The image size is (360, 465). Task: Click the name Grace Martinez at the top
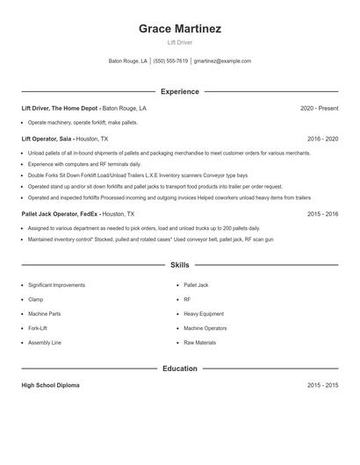pyautogui.click(x=180, y=28)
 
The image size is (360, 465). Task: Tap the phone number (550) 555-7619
pyautogui.click(x=170, y=61)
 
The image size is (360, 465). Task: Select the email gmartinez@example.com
pyautogui.click(x=222, y=61)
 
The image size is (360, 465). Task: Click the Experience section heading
pyautogui.click(x=180, y=91)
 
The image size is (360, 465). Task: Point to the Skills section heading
pyautogui.click(x=180, y=264)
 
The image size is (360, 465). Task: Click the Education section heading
pyautogui.click(x=180, y=368)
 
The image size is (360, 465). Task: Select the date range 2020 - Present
pyautogui.click(x=319, y=108)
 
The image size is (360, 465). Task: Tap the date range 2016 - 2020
pyautogui.click(x=323, y=139)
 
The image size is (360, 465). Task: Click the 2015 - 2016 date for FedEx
pyautogui.click(x=323, y=213)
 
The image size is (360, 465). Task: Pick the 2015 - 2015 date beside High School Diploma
pyautogui.click(x=323, y=385)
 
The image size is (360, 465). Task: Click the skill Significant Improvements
pyautogui.click(x=56, y=285)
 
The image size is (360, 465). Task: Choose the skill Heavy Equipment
pyautogui.click(x=204, y=313)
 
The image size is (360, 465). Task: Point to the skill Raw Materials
pyautogui.click(x=199, y=342)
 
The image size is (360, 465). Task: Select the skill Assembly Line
pyautogui.click(x=45, y=342)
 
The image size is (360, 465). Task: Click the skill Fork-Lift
pyautogui.click(x=38, y=328)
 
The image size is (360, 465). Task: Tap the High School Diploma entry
pyautogui.click(x=50, y=385)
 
